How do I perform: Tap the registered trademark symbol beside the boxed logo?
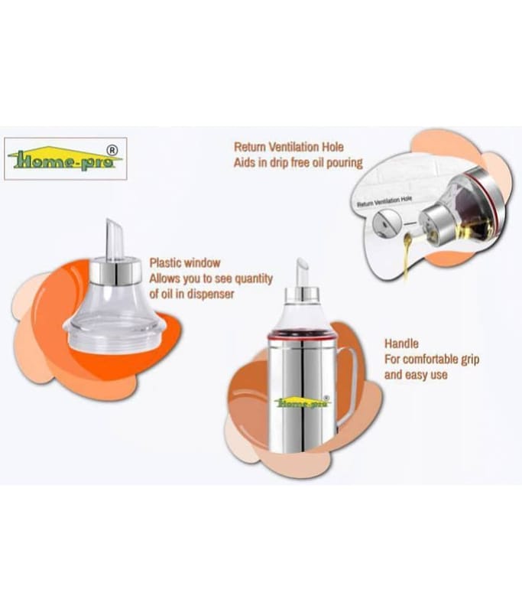click(x=112, y=150)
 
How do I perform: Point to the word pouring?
click(x=344, y=163)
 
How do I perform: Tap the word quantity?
click(x=254, y=278)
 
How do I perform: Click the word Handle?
click(x=401, y=343)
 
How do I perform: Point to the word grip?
click(x=470, y=360)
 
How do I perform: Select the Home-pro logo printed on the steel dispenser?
click(x=302, y=402)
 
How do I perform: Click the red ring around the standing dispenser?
click(x=301, y=335)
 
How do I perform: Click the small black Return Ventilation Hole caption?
click(x=384, y=201)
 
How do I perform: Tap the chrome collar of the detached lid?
click(x=115, y=272)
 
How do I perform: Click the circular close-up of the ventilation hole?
click(x=386, y=224)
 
